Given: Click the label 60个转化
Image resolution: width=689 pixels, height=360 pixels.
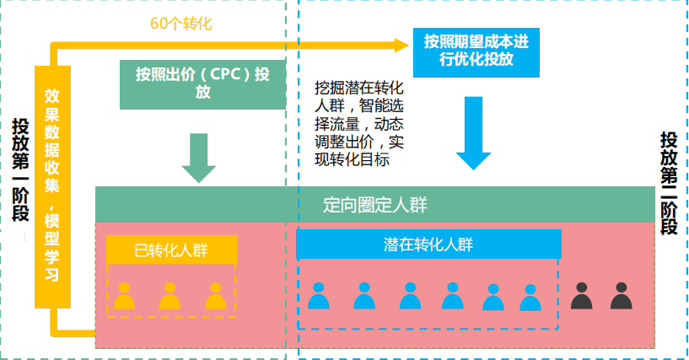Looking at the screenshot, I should pos(180,24).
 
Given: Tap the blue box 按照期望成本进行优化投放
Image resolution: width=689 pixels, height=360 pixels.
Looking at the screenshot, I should pos(476,51).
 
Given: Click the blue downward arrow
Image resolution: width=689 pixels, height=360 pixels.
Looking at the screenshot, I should pos(473,134).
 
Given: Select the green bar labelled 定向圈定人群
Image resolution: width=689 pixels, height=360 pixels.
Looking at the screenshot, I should pos(375,204).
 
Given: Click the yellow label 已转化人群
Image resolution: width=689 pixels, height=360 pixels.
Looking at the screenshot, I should pos(171,250).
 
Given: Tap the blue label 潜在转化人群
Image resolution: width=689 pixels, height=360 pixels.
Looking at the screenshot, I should pos(428,244).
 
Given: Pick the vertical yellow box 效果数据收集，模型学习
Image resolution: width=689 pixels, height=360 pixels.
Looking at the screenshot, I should pos(51,185).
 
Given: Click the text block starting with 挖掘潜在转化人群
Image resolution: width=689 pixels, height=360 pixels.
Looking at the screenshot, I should pos(359,123).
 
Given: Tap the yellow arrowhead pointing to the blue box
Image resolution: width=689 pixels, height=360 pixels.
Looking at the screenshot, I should pos(405,40).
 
